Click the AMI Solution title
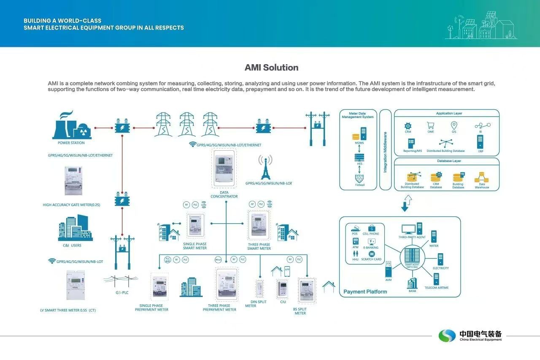271,68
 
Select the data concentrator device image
224,169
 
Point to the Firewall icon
359,178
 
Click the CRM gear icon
408,126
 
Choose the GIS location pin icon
454,125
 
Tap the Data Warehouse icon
481,177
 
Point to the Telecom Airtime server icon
436,279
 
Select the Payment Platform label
365,292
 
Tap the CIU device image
282,289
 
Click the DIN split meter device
259,289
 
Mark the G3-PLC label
122,292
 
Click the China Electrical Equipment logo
470,336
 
